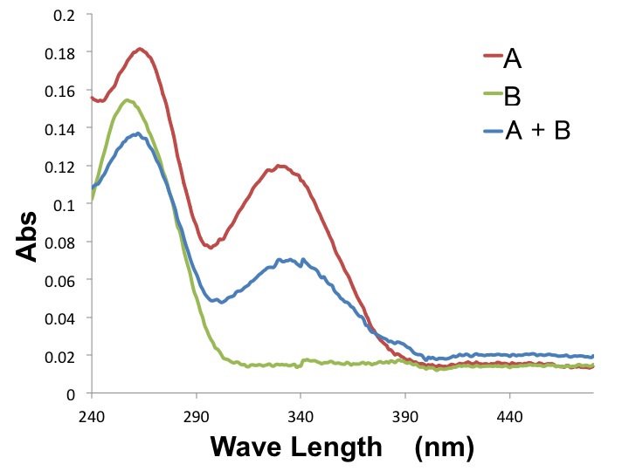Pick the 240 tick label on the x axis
92,417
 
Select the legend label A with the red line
513,58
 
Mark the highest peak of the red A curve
140,48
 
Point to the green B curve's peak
128,99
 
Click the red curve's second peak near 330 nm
280,166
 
